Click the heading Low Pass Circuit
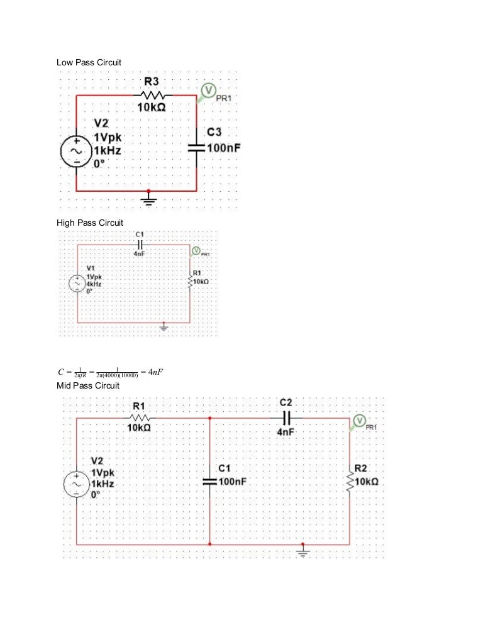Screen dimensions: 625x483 point(89,63)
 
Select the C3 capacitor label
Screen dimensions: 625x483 point(215,132)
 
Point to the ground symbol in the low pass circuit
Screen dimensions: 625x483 point(148,199)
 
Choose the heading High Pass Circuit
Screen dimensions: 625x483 point(90,223)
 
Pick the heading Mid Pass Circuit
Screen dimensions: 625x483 point(88,385)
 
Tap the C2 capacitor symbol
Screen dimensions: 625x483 point(286,418)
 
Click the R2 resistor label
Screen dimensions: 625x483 point(361,468)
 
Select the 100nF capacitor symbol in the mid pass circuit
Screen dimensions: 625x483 point(209,481)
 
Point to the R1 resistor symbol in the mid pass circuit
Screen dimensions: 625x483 point(140,418)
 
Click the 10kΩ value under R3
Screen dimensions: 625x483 point(152,109)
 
